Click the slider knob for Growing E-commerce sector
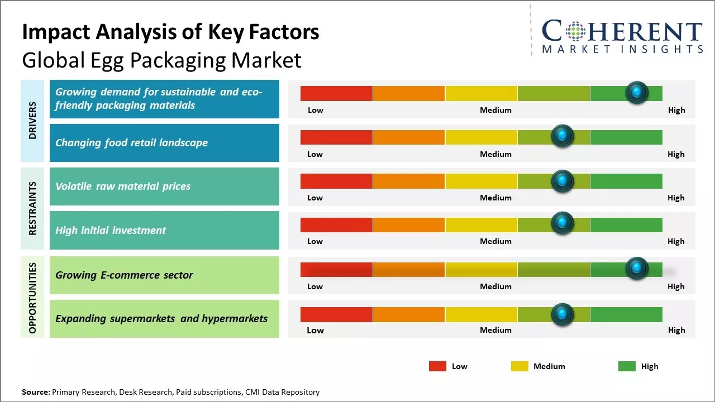(637, 269)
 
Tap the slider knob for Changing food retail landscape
(563, 136)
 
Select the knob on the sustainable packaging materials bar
(637, 93)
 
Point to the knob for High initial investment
(563, 223)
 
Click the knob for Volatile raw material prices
(563, 181)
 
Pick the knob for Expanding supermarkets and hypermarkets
(563, 315)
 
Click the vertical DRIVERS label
(32, 121)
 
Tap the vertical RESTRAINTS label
(32, 208)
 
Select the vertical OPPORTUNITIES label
(32, 298)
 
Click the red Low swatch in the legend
(437, 366)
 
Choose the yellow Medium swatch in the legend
(519, 366)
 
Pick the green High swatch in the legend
(627, 366)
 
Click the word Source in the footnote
(35, 392)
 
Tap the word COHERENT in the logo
(622, 31)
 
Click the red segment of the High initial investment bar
(336, 224)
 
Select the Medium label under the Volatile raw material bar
(495, 198)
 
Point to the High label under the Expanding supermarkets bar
(676, 330)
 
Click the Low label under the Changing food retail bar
(315, 154)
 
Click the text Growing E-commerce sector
(124, 275)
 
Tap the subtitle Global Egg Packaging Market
(161, 60)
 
